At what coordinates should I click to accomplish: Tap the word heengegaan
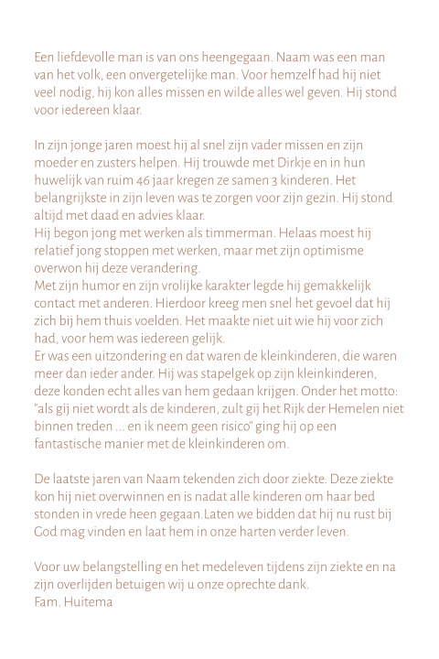[239, 57]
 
